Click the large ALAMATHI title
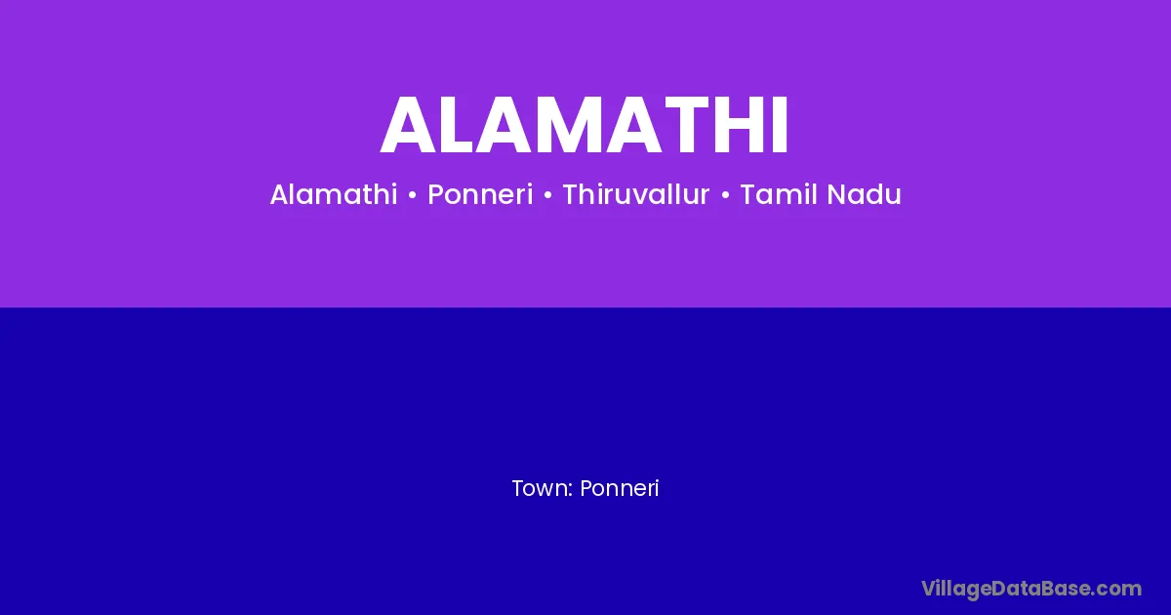pyautogui.click(x=584, y=125)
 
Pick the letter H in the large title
pyautogui.click(x=743, y=125)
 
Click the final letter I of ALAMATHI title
pyautogui.click(x=781, y=125)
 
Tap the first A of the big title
pyautogui.click(x=408, y=125)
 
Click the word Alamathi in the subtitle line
pyautogui.click(x=334, y=194)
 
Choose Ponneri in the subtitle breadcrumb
pyautogui.click(x=480, y=195)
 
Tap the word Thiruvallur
pyautogui.click(x=635, y=194)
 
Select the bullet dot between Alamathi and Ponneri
pyautogui.click(x=413, y=195)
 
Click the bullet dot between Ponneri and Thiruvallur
pyautogui.click(x=547, y=195)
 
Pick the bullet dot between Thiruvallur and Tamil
pyautogui.click(x=725, y=195)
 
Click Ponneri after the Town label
pyautogui.click(x=620, y=488)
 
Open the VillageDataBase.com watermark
pyautogui.click(x=1031, y=589)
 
